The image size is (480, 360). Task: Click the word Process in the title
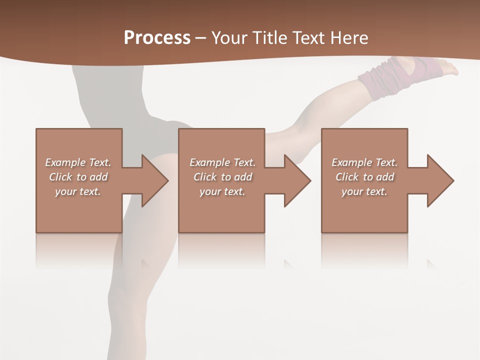[x=157, y=38]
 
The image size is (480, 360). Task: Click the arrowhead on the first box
[x=153, y=180]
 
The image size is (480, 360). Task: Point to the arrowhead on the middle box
[x=296, y=180]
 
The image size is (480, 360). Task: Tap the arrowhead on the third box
[x=439, y=180]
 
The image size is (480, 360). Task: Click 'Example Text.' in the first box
[x=78, y=162]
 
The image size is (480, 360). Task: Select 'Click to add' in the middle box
[x=222, y=177]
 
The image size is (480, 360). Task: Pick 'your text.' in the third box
[x=364, y=191]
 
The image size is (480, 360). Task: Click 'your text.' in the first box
[x=78, y=191]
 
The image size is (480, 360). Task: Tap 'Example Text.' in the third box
[x=364, y=162]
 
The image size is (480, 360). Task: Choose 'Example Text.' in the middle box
[x=222, y=162]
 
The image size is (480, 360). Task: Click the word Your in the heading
[x=229, y=38]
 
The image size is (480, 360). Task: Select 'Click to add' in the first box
[x=78, y=177]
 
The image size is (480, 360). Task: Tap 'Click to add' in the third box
[x=364, y=177]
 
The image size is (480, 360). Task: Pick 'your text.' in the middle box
[x=222, y=191]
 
